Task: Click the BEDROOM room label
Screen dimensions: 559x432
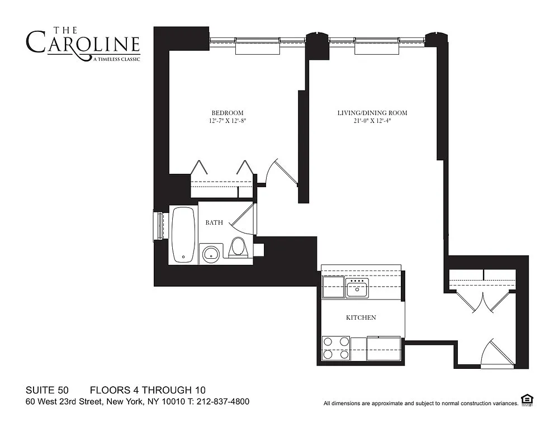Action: click(x=228, y=113)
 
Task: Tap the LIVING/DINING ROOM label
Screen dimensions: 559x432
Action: click(x=372, y=113)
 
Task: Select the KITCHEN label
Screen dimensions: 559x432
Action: click(x=361, y=317)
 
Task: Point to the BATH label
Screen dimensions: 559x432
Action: click(x=214, y=222)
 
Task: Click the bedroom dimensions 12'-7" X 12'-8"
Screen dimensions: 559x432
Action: click(x=228, y=121)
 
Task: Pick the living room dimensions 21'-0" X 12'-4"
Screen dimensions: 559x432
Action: click(x=372, y=121)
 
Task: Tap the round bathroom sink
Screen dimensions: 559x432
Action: click(x=211, y=254)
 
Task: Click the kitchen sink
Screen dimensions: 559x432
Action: click(x=357, y=288)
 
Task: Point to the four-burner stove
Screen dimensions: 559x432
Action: click(x=336, y=348)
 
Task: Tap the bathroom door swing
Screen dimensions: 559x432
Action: click(x=244, y=217)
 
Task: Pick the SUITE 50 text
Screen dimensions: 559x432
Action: click(x=47, y=390)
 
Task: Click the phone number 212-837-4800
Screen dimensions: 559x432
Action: click(x=223, y=402)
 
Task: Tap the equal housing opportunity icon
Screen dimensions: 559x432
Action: click(x=527, y=400)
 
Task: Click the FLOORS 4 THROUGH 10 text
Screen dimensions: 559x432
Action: click(x=148, y=390)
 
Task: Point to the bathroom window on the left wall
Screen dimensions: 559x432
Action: click(x=158, y=226)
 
